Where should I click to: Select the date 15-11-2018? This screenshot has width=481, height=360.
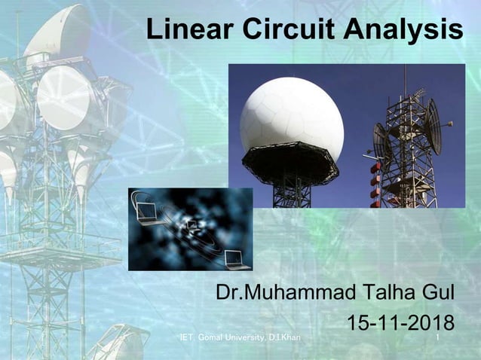[400, 323]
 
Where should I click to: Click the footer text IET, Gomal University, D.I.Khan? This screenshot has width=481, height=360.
[240, 339]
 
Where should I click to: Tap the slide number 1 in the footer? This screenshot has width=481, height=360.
[438, 339]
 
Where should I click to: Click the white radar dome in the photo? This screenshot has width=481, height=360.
[292, 114]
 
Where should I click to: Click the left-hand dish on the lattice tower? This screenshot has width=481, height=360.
[381, 139]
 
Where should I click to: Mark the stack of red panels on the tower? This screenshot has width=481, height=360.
[375, 181]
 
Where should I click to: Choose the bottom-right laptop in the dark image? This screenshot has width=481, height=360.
[237, 259]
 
